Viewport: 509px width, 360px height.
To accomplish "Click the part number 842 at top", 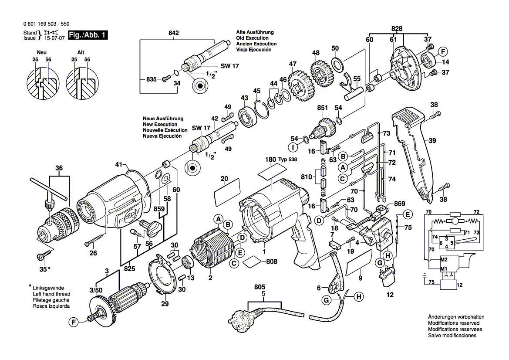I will [x=174, y=33].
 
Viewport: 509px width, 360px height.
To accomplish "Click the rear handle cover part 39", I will [x=414, y=153].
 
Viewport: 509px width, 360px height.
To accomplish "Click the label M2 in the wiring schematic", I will [x=444, y=261].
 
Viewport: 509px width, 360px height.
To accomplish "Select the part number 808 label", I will [x=271, y=262].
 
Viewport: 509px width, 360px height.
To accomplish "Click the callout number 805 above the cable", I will [x=260, y=288].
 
